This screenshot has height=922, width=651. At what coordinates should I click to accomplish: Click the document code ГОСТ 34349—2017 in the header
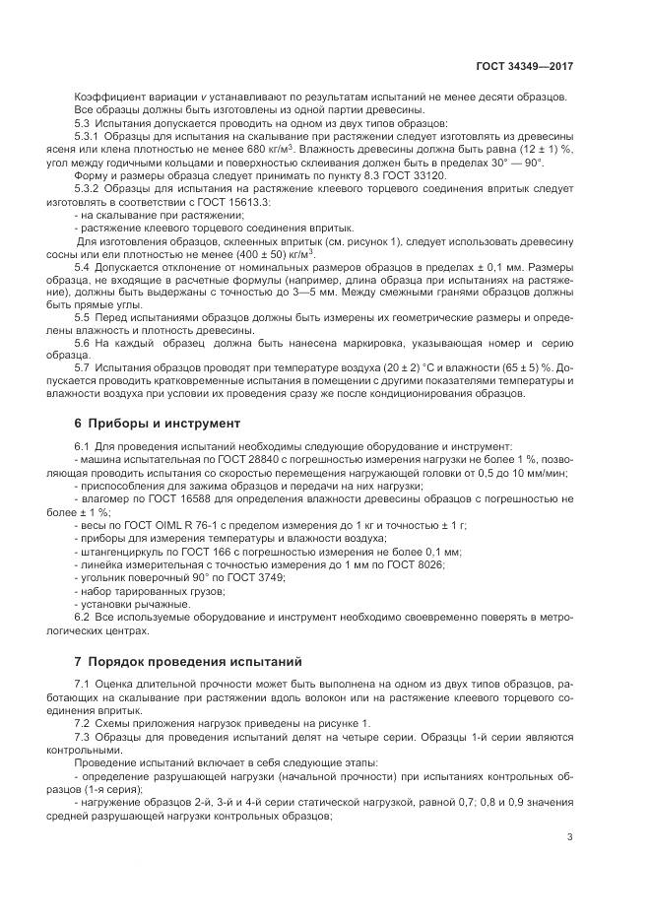[525, 66]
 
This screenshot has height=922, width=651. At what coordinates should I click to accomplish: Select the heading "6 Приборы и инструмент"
[157, 424]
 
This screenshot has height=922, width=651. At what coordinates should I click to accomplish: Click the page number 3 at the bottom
[570, 837]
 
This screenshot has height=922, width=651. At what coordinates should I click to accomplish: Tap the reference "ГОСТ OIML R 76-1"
[167, 526]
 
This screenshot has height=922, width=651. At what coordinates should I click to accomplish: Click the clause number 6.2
[84, 616]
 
